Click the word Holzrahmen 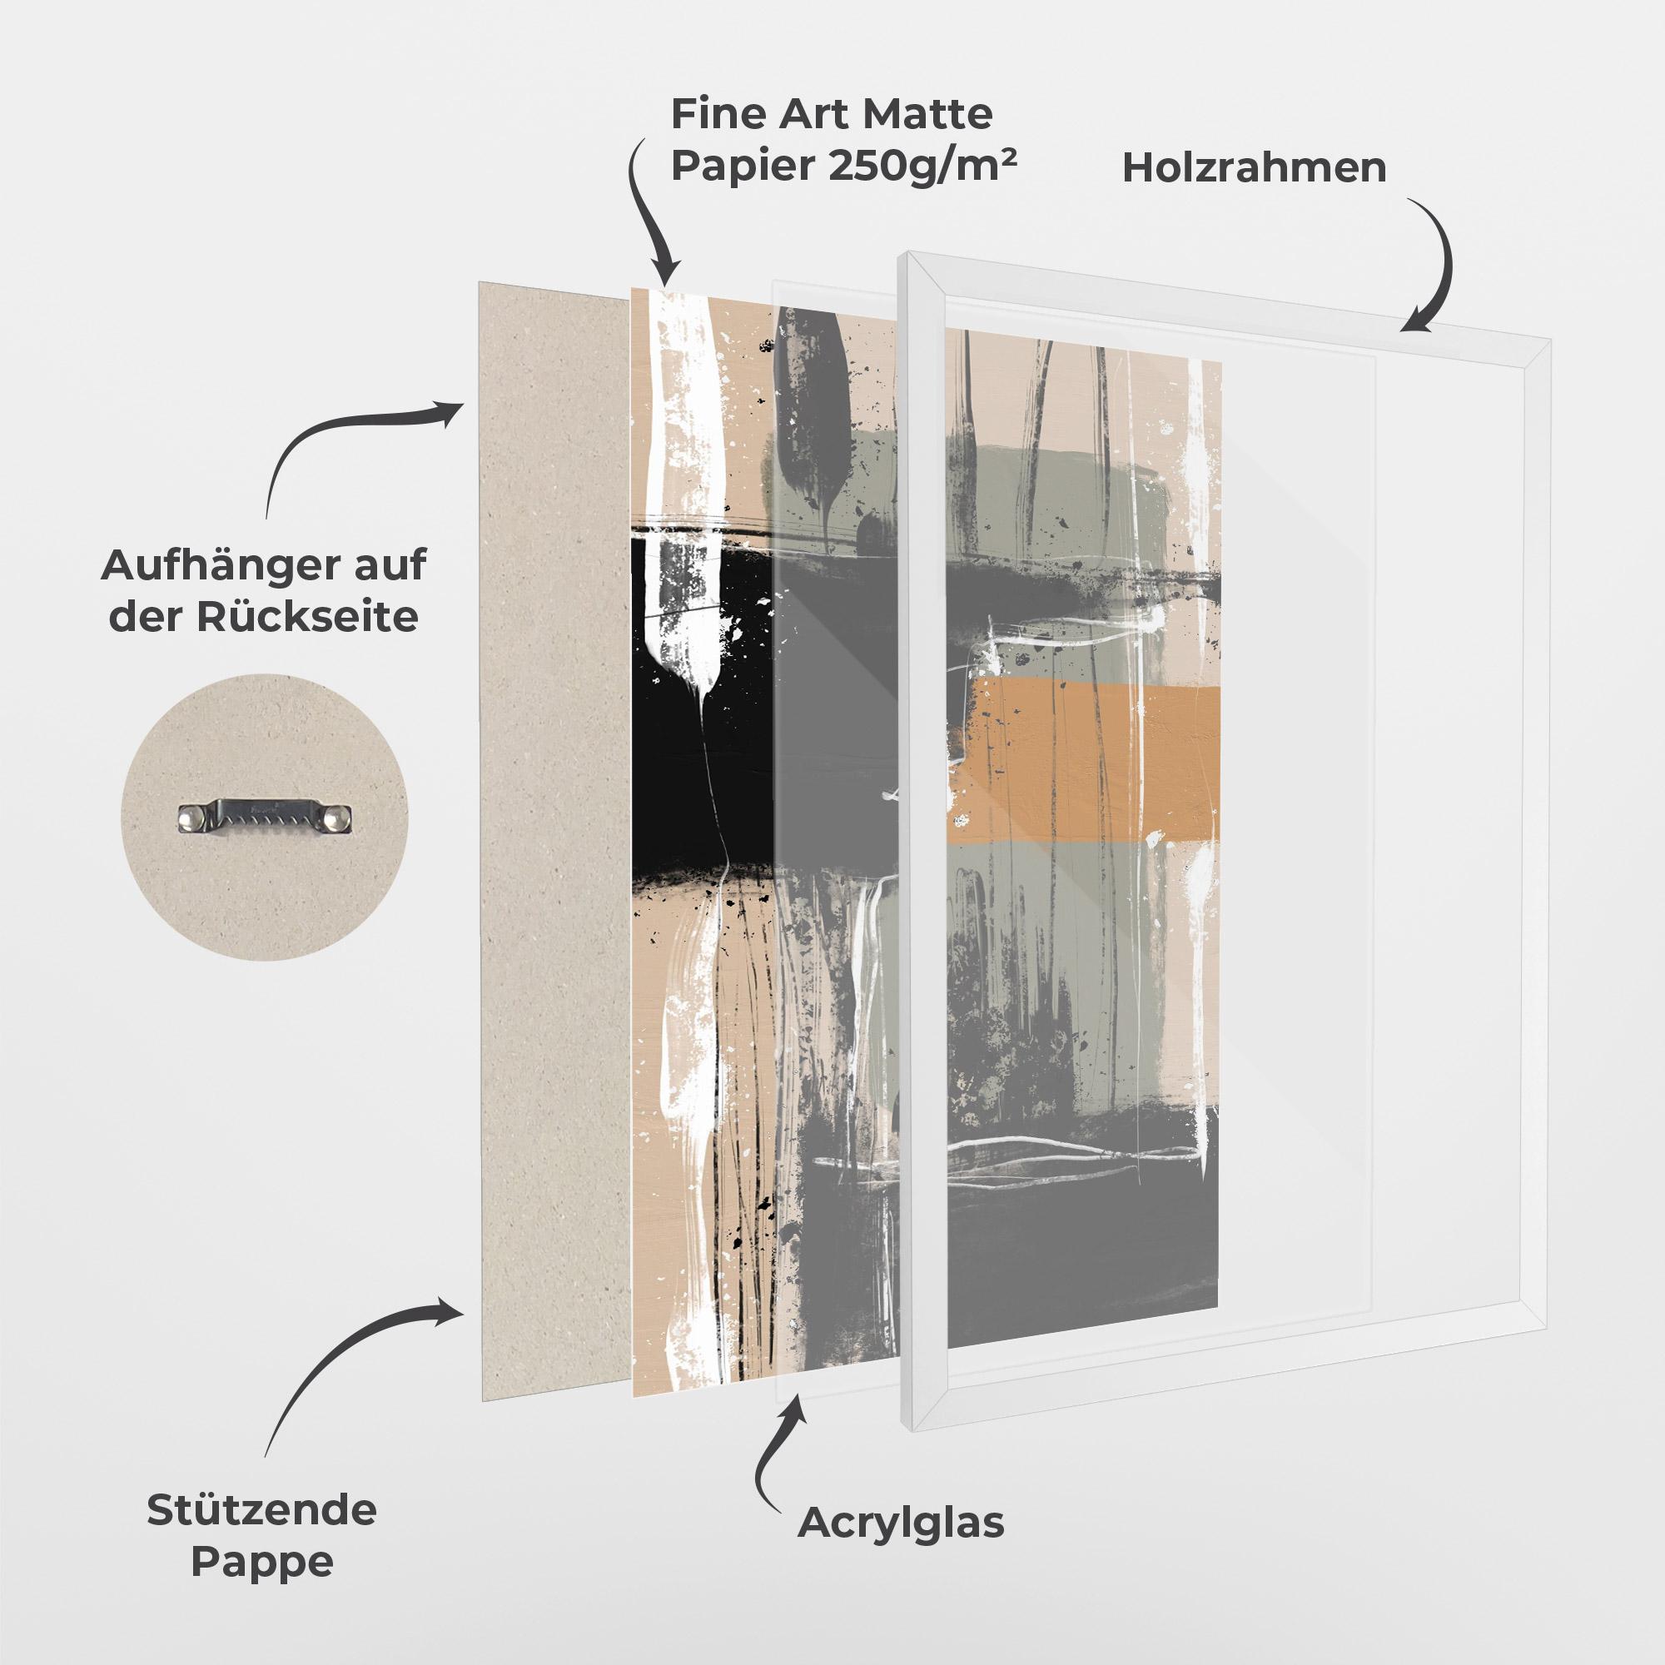[x=1254, y=168]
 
